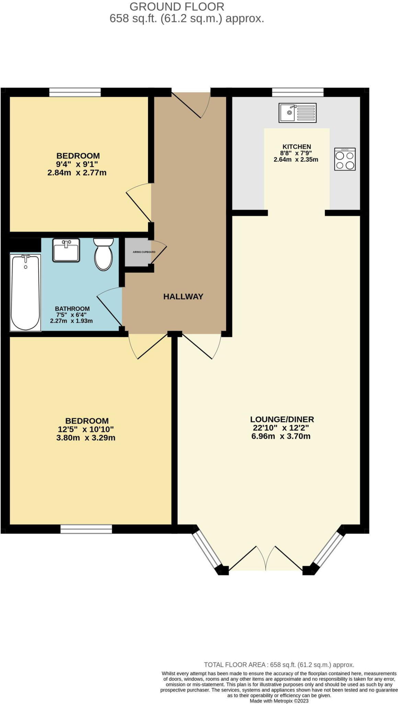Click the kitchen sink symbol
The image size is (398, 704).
pyautogui.click(x=297, y=112)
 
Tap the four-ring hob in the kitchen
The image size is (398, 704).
pyautogui.click(x=344, y=159)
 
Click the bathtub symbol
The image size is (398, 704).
pyautogui.click(x=25, y=292)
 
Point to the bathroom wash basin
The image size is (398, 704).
pyautogui.click(x=66, y=250)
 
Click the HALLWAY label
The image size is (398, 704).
pyautogui.click(x=183, y=296)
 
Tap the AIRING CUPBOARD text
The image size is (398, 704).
pyautogui.click(x=144, y=252)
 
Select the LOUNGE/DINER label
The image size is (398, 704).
pyautogui.click(x=282, y=419)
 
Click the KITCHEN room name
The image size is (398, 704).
pyautogui.click(x=296, y=146)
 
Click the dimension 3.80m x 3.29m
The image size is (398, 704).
pyautogui.click(x=86, y=438)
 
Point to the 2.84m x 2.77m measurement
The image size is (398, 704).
pyautogui.click(x=77, y=173)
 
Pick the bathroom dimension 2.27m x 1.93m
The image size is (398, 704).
pyautogui.click(x=71, y=321)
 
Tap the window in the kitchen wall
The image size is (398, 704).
pyautogui.click(x=297, y=92)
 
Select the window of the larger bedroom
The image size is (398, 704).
pyautogui.click(x=86, y=529)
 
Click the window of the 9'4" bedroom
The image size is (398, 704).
pyautogui.click(x=75, y=92)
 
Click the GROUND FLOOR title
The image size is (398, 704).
pyautogui.click(x=177, y=6)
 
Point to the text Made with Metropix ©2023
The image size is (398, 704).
pyautogui.click(x=279, y=701)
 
